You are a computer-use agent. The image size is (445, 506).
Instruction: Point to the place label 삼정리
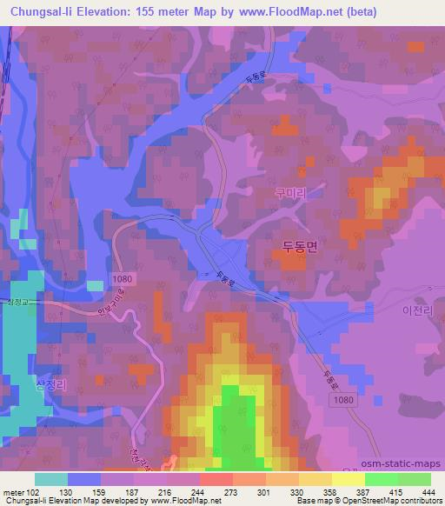click(50, 383)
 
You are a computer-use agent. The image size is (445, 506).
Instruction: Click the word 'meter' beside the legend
click(13, 493)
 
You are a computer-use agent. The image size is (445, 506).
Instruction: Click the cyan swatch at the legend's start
click(51, 479)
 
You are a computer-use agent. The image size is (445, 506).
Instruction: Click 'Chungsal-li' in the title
click(40, 10)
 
